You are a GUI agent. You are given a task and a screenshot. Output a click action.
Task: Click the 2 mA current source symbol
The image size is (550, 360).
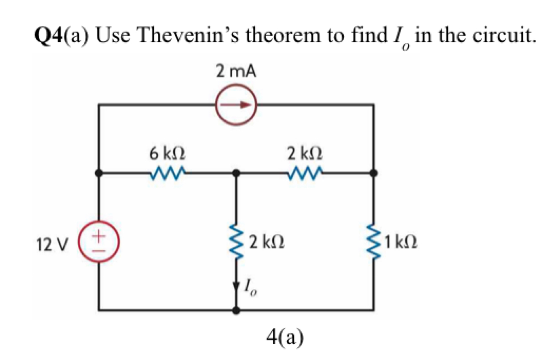coord(236,106)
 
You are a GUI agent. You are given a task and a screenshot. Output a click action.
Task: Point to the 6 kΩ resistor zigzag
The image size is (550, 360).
coord(168,173)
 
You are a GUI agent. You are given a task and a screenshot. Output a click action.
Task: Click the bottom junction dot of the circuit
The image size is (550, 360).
coord(236,311)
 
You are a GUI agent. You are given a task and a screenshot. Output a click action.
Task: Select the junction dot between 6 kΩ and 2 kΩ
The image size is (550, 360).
coord(236,173)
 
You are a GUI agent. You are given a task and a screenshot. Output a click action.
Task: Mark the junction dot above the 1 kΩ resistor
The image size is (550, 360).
coord(373,173)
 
